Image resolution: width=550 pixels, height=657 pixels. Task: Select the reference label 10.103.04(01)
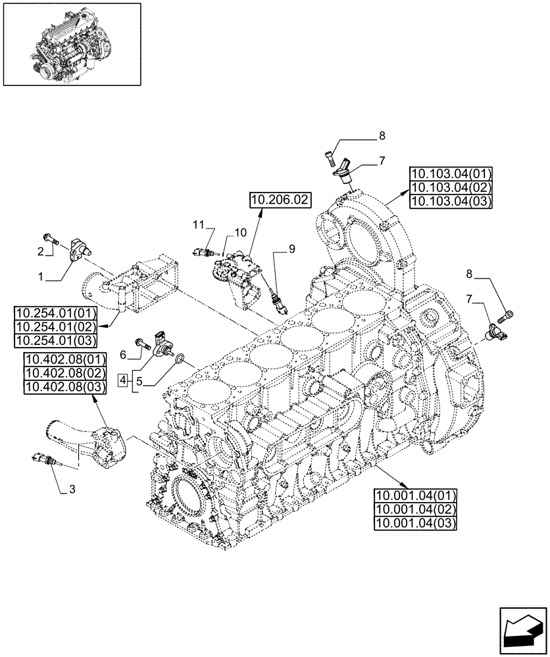click(x=451, y=174)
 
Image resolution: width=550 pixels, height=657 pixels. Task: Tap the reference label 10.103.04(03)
click(x=451, y=202)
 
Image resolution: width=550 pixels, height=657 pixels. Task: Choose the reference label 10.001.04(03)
click(x=416, y=523)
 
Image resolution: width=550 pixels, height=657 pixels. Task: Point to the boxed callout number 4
click(x=122, y=378)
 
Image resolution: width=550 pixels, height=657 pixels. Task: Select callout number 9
click(x=292, y=248)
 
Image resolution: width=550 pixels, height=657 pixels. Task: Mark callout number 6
click(x=122, y=355)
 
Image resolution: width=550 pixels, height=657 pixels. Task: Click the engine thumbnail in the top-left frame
click(x=71, y=44)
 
